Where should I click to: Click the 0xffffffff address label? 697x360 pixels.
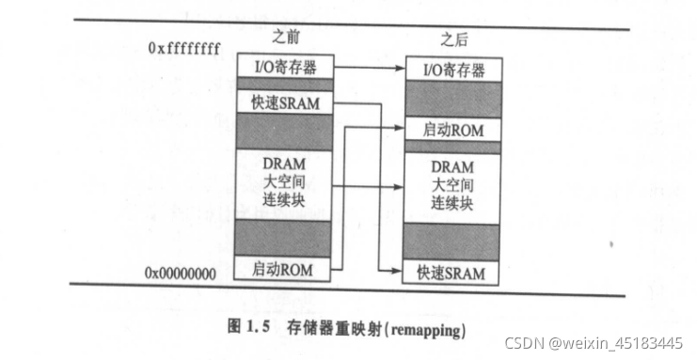point(183,48)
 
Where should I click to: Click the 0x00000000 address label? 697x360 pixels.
point(182,273)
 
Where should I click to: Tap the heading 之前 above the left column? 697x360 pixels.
point(286,40)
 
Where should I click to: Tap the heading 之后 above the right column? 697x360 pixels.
point(453,40)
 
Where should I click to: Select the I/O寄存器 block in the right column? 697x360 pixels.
point(452,70)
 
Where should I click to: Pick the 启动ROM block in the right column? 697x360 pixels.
point(452,131)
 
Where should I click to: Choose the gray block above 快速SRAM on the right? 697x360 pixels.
point(452,242)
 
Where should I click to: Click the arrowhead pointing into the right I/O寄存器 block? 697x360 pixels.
point(401,69)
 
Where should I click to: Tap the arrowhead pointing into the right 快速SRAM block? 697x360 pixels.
point(401,271)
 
